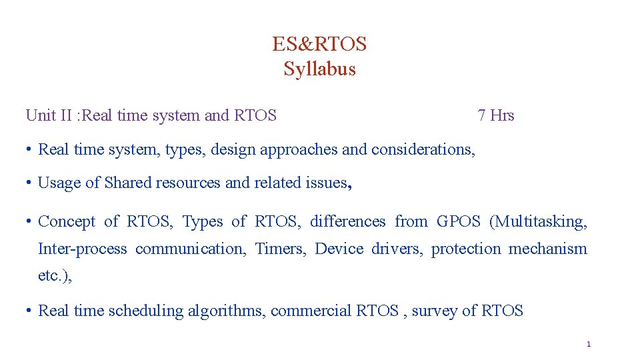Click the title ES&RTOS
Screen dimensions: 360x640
tap(319, 44)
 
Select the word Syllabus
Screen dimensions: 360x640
tap(319, 69)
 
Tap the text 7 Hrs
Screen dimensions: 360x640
tap(496, 115)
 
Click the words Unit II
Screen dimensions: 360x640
tap(49, 115)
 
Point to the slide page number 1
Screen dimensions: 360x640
tap(589, 345)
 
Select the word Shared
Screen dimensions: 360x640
tap(128, 183)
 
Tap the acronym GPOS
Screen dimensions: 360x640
tap(458, 221)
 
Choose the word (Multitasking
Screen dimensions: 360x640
tap(539, 221)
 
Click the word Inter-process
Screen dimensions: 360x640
tap(82, 249)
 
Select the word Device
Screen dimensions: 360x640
tap(339, 249)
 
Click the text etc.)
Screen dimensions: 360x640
tap(55, 276)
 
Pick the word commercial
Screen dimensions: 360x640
tap(311, 311)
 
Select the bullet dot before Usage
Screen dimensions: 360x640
tap(29, 183)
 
